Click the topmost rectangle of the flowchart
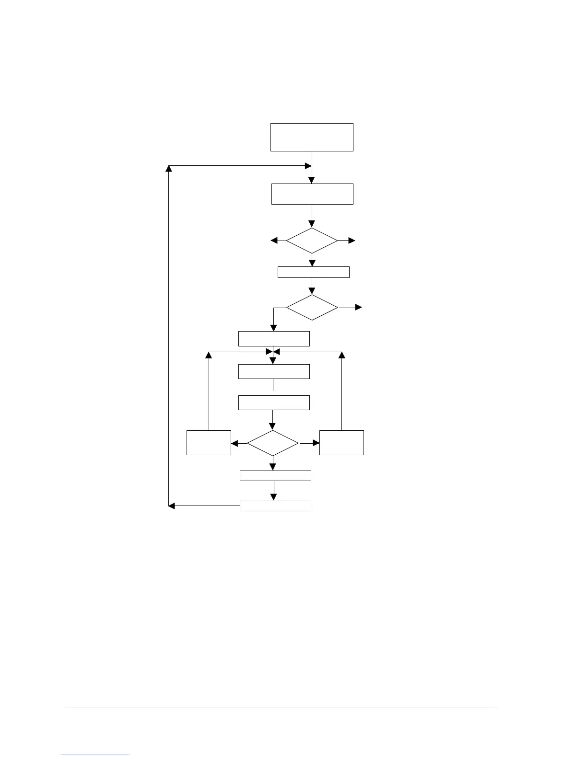coord(312,137)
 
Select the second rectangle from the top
coord(312,194)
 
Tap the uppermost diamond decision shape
coord(312,241)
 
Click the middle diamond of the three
coord(312,308)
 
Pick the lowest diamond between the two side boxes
coord(273,443)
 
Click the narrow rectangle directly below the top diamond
coord(314,272)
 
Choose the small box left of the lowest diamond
coord(209,443)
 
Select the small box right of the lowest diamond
coord(341,443)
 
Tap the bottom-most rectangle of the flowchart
coord(275,506)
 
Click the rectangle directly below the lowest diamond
coord(275,476)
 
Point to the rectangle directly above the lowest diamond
coord(274,402)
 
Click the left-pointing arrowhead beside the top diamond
coord(274,241)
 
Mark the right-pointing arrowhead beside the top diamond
coord(352,241)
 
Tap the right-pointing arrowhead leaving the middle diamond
coord(358,308)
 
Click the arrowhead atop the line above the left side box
coord(209,355)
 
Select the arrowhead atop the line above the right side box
coord(342,355)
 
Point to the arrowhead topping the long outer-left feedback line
coord(169,169)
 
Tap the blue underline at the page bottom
coord(95,755)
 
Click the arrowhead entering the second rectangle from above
coord(312,180)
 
